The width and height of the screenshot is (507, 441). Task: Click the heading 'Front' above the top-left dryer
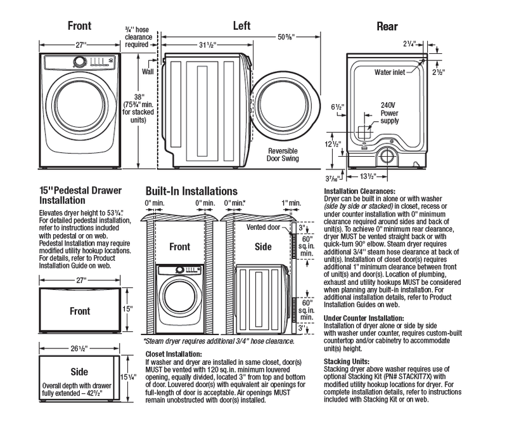pos(80,26)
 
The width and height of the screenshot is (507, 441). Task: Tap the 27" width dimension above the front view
pos(80,45)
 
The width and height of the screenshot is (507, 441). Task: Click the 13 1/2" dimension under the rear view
pos(379,176)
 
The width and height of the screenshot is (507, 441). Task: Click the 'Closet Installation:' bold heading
pos(174,354)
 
